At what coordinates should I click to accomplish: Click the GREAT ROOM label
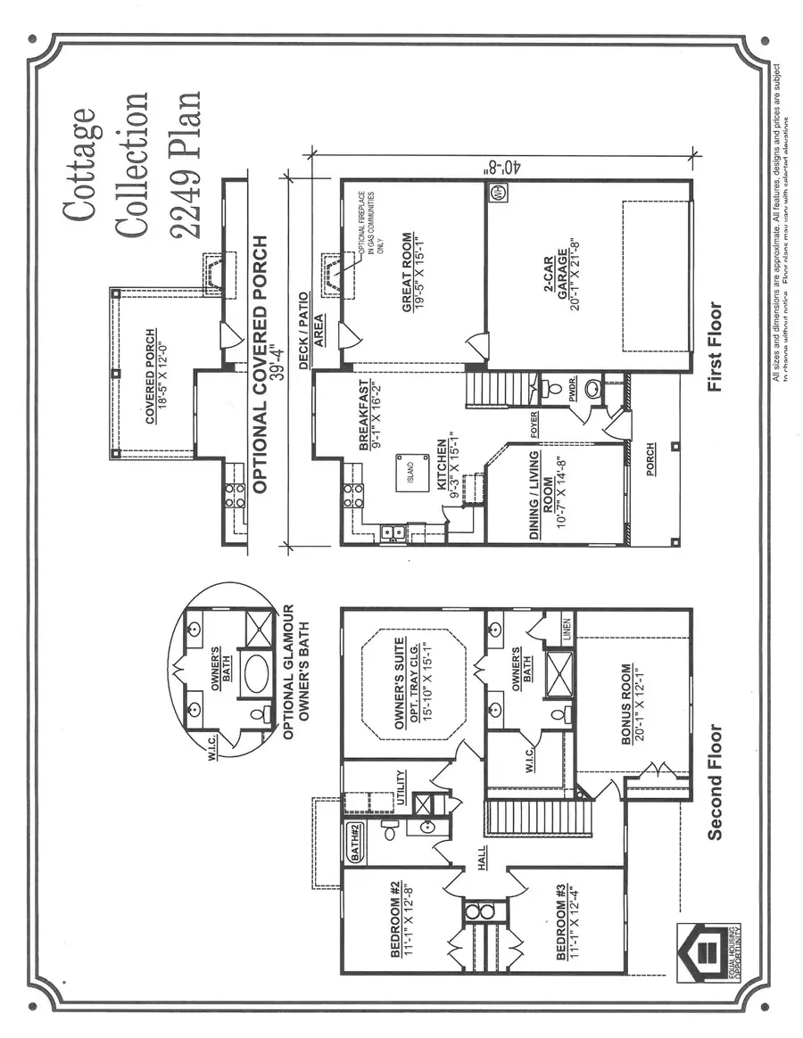[407, 272]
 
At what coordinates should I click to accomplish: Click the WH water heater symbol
[497, 191]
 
